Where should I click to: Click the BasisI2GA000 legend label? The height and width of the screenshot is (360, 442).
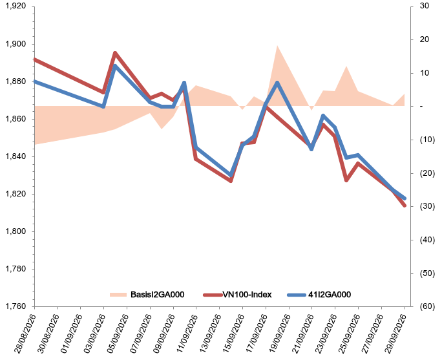tap(157, 295)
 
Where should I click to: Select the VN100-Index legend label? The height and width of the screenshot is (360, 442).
tap(247, 295)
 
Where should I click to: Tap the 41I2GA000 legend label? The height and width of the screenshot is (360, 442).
tap(330, 295)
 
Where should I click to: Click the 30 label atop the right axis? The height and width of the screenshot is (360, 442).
tap(425, 6)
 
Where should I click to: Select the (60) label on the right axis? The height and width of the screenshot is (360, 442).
tap(427, 306)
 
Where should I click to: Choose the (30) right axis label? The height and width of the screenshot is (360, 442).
tap(427, 206)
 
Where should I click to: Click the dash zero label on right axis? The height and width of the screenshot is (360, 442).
tap(421, 106)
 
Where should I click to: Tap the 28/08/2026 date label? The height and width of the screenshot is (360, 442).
tap(26, 334)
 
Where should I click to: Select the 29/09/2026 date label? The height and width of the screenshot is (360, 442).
tap(396, 334)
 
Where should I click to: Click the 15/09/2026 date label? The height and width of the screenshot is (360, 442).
tap(234, 334)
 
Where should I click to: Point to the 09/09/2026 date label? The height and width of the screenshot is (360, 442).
tap(165, 334)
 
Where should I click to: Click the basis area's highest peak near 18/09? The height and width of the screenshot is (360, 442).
tap(277, 46)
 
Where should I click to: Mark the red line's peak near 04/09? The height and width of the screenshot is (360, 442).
tap(115, 53)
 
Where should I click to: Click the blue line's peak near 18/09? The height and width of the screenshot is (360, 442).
tap(277, 83)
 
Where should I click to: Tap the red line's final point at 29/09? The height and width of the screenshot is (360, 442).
tap(405, 206)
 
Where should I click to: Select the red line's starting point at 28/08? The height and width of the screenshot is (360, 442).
tap(35, 59)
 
